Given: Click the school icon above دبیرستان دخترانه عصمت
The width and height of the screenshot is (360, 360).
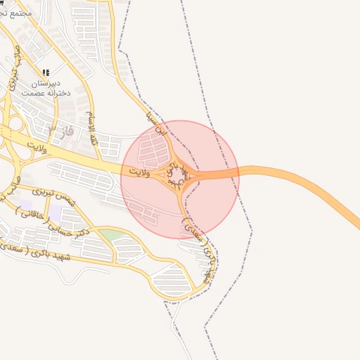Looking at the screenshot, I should [x=46, y=72].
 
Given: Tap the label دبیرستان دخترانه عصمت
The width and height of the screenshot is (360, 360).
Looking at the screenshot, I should [x=43, y=88].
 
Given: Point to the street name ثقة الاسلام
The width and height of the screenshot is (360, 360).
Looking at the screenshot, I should [x=91, y=129].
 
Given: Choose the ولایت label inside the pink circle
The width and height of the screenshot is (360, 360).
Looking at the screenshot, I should [x=141, y=171].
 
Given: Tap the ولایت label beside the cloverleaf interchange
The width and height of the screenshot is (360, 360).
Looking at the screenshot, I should [x=34, y=148].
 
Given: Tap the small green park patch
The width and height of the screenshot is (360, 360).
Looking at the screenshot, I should [x=109, y=234].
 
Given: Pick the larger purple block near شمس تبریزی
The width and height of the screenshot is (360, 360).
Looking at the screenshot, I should [x=55, y=212].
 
